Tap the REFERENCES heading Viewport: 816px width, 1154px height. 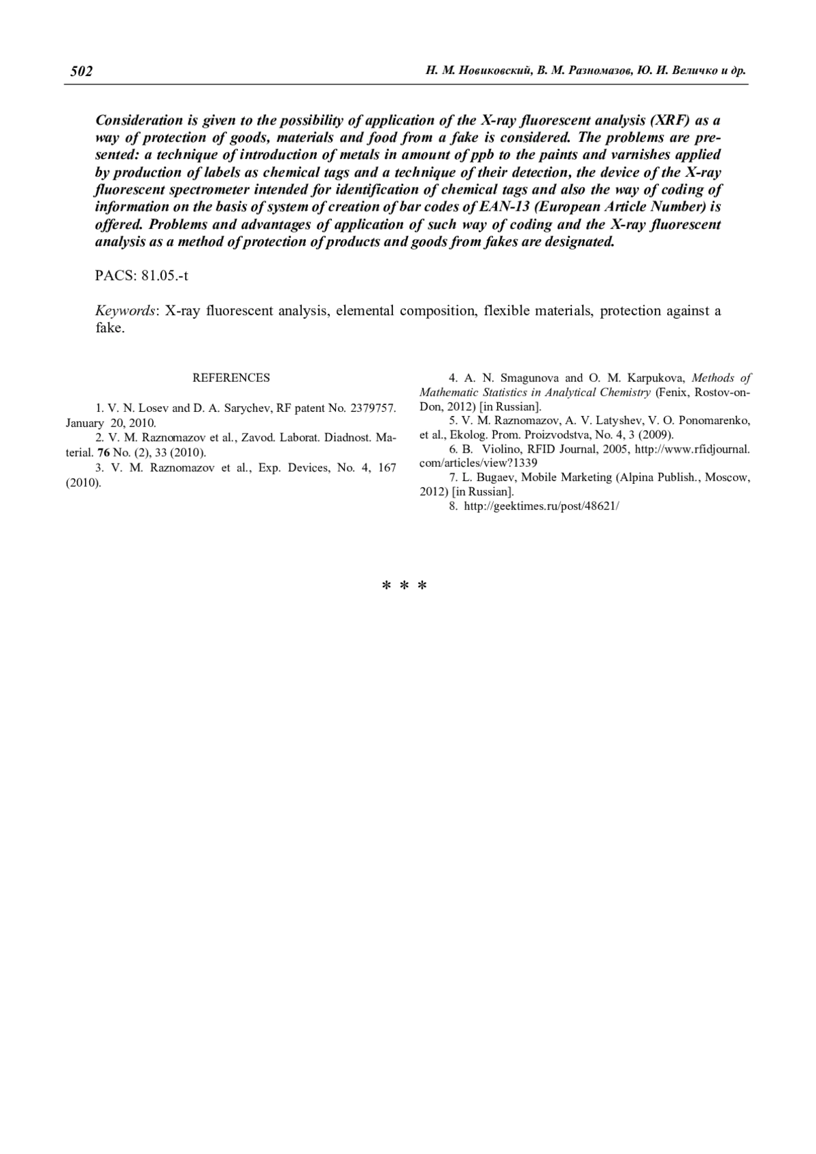click(x=231, y=378)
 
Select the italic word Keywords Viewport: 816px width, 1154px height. click(x=126, y=311)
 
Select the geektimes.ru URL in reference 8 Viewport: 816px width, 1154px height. click(x=541, y=506)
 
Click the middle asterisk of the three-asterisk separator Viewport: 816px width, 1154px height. click(x=404, y=586)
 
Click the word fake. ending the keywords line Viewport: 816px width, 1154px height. click(x=110, y=328)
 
